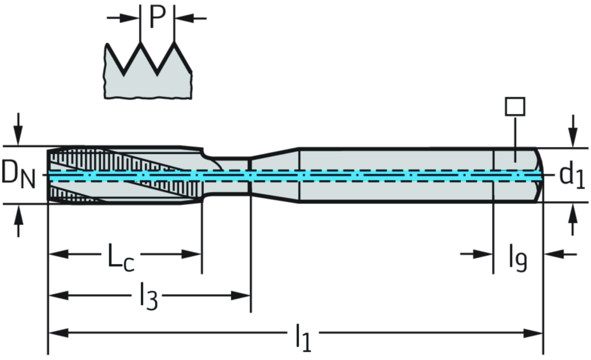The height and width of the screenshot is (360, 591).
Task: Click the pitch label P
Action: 156,17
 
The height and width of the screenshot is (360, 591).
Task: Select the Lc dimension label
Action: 120,256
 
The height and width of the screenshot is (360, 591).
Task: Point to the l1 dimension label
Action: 303,335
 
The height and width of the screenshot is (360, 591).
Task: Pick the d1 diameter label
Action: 571,175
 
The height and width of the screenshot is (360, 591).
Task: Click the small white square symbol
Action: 515,107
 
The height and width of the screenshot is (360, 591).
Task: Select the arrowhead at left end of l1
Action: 58,332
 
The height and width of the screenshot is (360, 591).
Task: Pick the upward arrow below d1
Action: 572,216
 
